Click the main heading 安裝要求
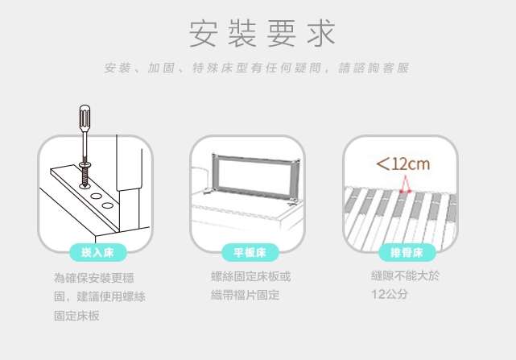click(262, 33)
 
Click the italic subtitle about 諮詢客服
click(257, 68)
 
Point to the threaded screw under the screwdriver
click(85, 176)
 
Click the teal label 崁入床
click(97, 253)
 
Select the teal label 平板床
click(250, 253)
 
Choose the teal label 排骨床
click(407, 253)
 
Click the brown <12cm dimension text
click(403, 163)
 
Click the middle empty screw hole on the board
click(97, 197)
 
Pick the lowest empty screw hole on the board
click(108, 206)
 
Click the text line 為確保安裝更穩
click(94, 278)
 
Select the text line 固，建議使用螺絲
click(99, 296)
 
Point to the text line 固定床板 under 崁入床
click(76, 316)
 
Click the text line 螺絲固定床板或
click(251, 276)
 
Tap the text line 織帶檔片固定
click(246, 295)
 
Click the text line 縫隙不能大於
click(405, 275)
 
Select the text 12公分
click(390, 294)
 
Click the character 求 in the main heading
click(321, 33)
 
